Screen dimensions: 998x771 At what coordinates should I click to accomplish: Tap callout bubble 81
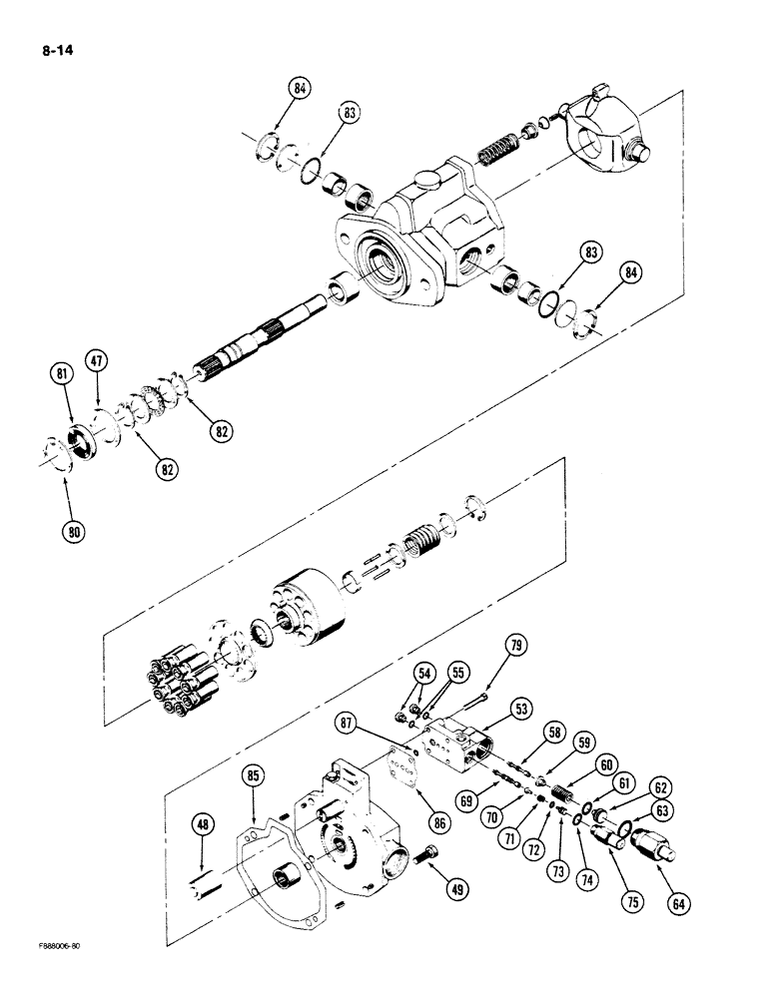pos(64,375)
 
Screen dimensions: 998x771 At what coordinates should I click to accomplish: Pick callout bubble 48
pos(203,824)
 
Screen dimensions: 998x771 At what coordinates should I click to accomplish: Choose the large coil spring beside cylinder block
pos(419,550)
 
